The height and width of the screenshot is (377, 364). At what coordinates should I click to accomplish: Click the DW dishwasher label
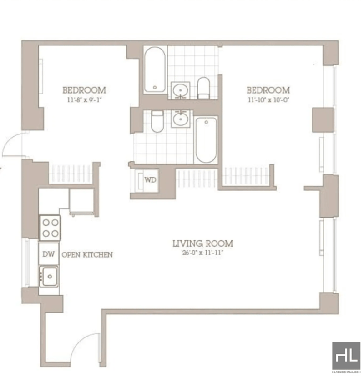coord(48,254)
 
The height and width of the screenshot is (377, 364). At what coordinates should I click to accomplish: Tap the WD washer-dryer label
coord(150,179)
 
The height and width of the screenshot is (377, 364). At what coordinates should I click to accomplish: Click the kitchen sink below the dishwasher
coord(49,275)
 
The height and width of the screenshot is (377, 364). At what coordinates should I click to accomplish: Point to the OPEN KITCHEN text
coord(87,254)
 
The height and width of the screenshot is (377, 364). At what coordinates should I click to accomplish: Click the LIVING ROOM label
coord(202,243)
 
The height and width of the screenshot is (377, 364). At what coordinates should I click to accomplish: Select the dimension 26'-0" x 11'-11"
coord(202,253)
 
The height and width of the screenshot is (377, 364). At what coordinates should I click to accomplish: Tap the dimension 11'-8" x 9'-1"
coord(84,98)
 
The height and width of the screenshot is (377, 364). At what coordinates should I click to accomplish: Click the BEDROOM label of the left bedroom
coord(84,90)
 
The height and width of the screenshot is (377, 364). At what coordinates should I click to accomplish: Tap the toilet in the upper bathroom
coord(203,88)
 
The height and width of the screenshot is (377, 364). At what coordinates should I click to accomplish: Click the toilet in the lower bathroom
coord(157,121)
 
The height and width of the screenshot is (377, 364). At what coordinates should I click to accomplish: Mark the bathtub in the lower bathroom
coord(206,139)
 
